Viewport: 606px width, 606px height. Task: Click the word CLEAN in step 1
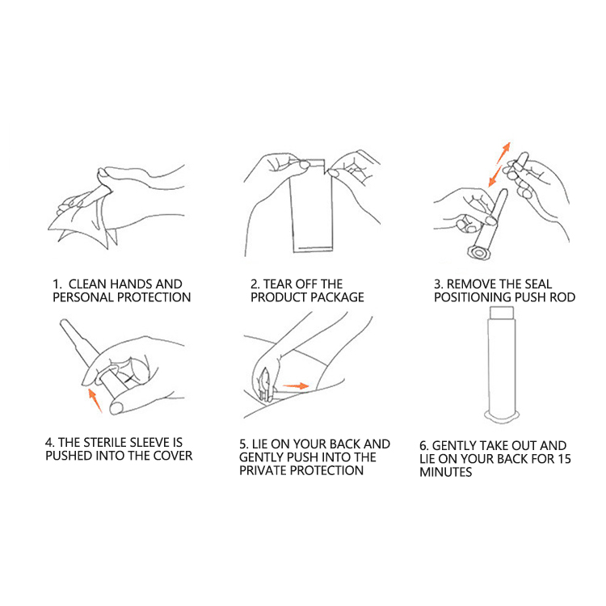pos(88,284)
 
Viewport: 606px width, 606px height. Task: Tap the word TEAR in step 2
pos(277,284)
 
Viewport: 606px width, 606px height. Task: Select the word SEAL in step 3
pos(537,284)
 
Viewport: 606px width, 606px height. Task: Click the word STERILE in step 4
pos(104,442)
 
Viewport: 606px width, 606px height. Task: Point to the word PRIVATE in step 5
pos(263,470)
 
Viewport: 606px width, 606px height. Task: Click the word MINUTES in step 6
pos(445,472)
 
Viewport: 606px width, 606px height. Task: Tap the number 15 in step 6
pos(564,459)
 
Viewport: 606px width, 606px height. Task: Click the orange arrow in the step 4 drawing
pos(95,401)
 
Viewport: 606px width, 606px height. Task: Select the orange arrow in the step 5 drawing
pos(295,385)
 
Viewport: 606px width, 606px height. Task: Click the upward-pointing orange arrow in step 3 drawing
pos(503,153)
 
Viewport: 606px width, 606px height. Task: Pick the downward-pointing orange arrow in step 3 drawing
pos(495,176)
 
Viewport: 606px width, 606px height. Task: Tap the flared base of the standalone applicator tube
pos(502,417)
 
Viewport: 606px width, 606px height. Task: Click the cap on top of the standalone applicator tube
pos(502,312)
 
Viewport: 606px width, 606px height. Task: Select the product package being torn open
pos(312,207)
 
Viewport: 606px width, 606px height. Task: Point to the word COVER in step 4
pos(173,455)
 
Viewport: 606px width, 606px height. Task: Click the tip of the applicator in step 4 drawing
pos(63,322)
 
